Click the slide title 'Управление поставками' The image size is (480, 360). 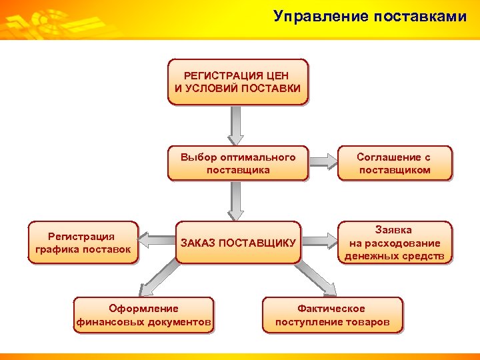(369, 17)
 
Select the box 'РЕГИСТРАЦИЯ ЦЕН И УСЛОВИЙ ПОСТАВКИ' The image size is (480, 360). (238, 82)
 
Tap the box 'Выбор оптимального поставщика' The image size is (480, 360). (238, 163)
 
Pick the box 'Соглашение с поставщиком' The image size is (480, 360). (394, 163)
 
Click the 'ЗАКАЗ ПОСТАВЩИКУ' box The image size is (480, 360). (238, 242)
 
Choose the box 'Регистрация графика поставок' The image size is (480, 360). (82, 243)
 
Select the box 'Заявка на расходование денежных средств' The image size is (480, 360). (394, 242)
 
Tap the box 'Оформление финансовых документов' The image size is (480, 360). (144, 315)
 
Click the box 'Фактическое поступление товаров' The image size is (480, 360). (332, 315)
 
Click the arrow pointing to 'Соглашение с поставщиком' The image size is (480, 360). (325, 161)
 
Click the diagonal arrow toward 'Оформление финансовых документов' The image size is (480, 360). (161, 277)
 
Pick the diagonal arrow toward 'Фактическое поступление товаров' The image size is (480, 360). (314, 277)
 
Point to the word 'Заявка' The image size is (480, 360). (393, 230)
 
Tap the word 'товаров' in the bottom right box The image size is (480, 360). (366, 321)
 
